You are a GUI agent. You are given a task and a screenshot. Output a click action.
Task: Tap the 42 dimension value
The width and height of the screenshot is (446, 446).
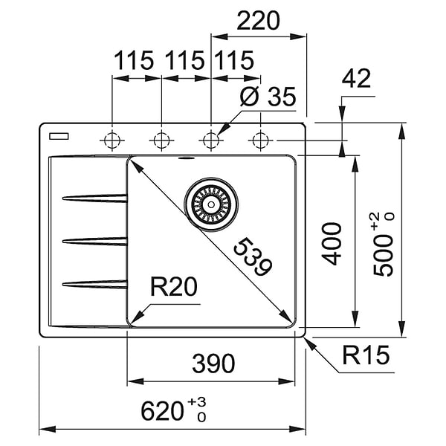[357, 80]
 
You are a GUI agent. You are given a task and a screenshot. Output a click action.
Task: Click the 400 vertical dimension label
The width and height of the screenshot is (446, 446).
[334, 243]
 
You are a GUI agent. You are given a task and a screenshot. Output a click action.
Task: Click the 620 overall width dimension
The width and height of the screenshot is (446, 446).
[172, 409]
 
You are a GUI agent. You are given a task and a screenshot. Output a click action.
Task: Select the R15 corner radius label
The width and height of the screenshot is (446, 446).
[366, 358]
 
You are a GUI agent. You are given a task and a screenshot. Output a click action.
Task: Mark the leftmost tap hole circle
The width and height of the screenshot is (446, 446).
[112, 139]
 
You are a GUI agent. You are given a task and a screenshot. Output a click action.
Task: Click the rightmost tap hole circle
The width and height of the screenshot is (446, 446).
[260, 139]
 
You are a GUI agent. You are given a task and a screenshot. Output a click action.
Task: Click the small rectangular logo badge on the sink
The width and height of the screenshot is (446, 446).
[56, 136]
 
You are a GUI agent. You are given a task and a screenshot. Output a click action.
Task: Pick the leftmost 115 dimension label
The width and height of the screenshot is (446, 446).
[134, 60]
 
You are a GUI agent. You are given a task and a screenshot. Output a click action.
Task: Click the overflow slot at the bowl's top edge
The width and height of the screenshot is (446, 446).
[186, 158]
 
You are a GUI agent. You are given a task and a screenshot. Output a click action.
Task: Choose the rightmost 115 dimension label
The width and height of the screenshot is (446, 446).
[234, 60]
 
